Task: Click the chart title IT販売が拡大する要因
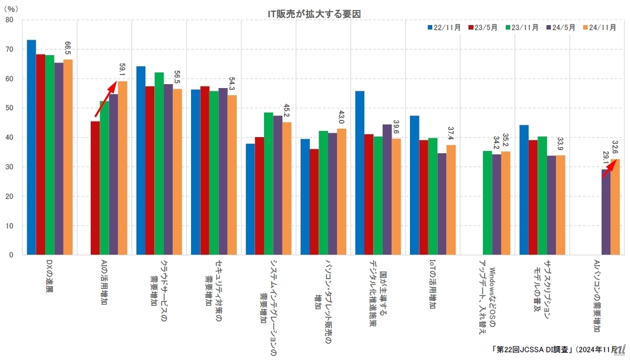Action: tap(314, 13)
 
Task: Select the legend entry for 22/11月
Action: tap(444, 27)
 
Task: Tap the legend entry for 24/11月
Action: tap(598, 27)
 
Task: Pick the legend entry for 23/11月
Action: tap(521, 27)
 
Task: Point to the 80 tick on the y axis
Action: tap(9, 20)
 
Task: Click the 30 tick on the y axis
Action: tap(9, 167)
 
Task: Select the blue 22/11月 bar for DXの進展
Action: tap(31, 147)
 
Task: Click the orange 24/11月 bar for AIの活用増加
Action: tap(123, 168)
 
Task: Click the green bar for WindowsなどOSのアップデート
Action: tap(487, 203)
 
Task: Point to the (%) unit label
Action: tap(11, 9)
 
